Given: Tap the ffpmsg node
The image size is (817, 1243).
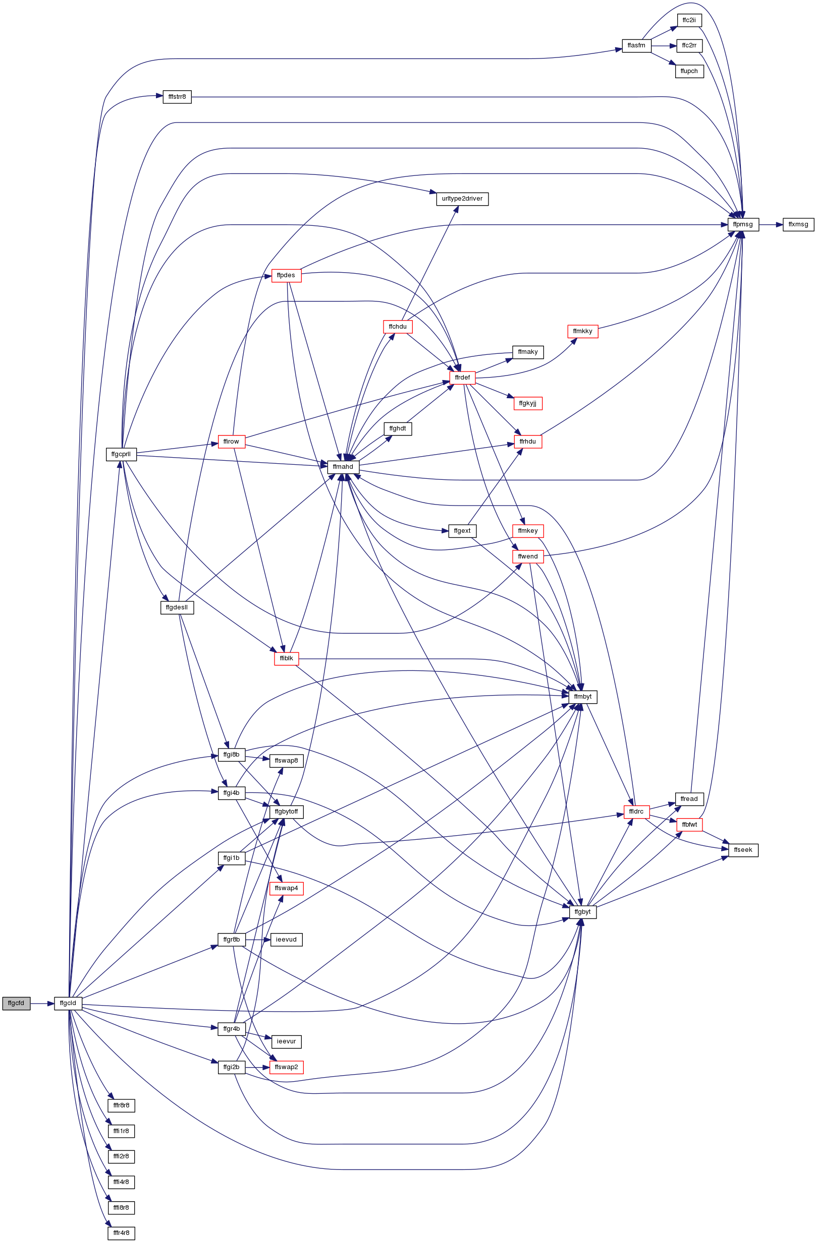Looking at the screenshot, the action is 743,225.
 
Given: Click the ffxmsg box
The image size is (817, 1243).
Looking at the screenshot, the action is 798,225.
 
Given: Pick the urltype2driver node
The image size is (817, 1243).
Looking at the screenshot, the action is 462,199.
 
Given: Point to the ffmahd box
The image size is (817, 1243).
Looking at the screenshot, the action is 344,467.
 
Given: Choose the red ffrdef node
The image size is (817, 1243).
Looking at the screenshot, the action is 462,378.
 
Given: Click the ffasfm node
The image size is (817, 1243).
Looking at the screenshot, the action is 636,45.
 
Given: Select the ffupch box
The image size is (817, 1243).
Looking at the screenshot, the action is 689,71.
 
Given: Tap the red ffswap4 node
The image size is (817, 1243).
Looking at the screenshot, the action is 287,888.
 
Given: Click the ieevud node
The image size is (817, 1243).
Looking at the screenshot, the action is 287,940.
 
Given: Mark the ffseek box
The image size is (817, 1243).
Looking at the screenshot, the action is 743,850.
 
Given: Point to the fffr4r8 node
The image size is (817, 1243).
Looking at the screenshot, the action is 121,1233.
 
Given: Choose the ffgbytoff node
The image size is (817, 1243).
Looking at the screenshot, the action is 287,812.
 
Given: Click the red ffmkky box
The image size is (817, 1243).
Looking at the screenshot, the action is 582,331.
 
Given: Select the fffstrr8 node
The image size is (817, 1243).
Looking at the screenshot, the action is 177,97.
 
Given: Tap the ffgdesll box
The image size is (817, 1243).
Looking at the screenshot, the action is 177,607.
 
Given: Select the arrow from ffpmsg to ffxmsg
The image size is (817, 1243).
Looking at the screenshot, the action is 771,225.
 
